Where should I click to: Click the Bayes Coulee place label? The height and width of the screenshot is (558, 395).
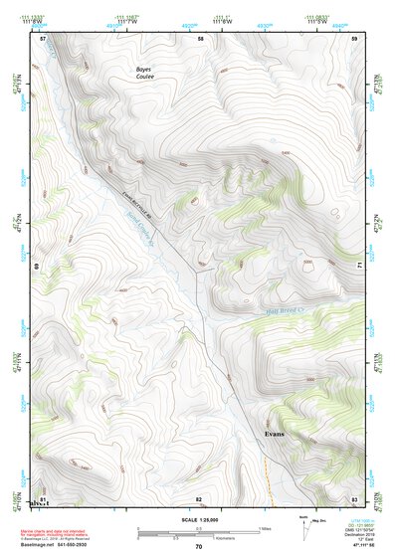tap(146, 73)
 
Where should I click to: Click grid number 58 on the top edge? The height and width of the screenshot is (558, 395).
tap(200, 38)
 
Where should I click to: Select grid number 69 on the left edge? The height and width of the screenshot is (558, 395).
tap(39, 267)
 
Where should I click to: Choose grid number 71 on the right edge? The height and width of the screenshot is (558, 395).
tap(357, 265)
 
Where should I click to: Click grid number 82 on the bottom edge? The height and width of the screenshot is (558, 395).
tap(198, 498)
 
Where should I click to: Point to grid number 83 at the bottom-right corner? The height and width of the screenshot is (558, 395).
tap(354, 498)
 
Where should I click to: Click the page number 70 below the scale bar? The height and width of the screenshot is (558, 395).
tap(198, 547)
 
